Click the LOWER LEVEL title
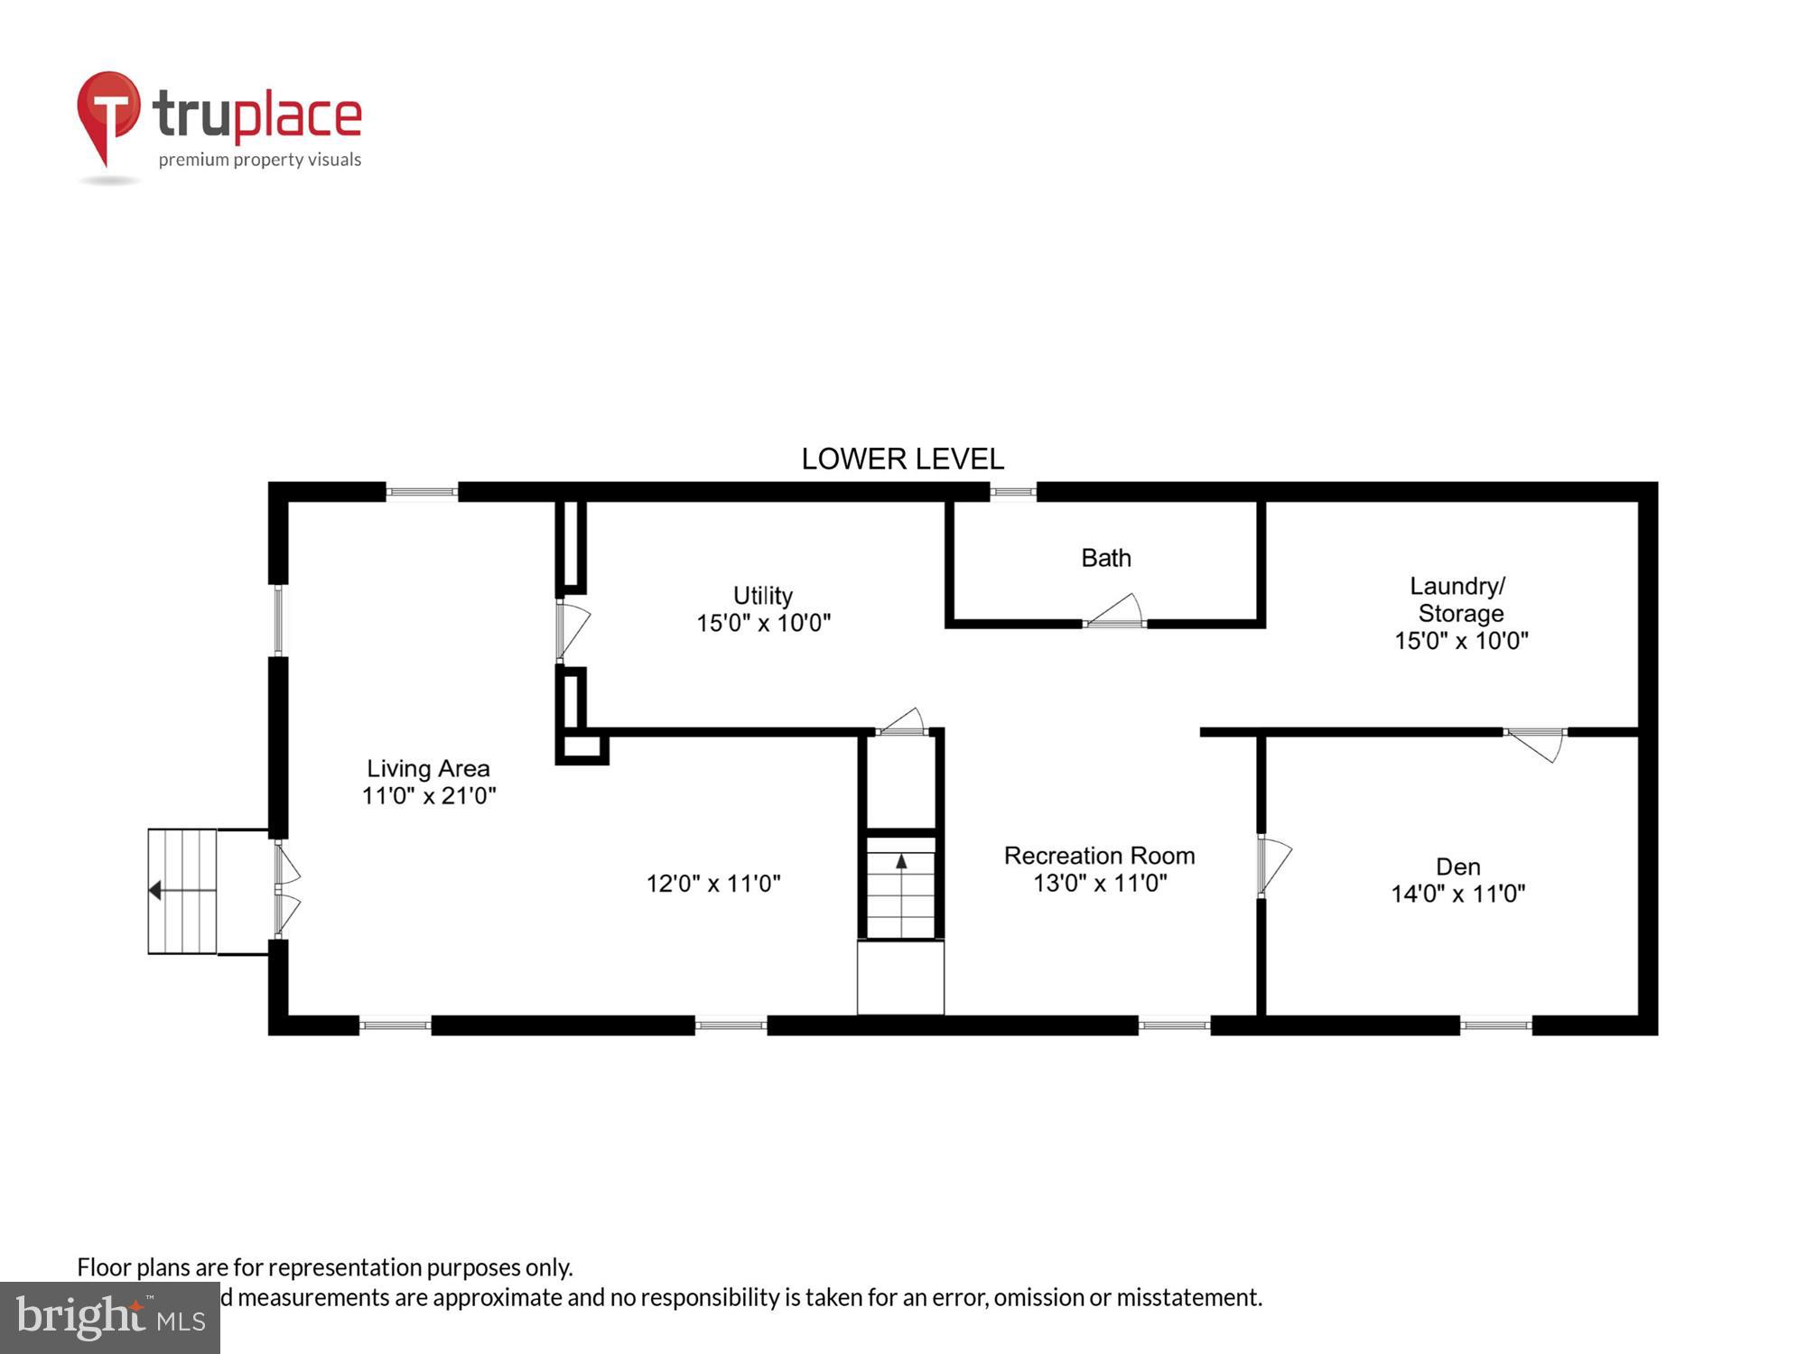902,459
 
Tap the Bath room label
1105,558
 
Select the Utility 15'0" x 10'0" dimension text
763,623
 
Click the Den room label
1457,867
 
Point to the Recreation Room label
1099,856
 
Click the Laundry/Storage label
1459,599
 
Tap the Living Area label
428,768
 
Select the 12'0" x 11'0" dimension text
712,883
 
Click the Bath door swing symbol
1116,612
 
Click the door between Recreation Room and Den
1272,864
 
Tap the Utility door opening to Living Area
572,630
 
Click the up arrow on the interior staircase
900,861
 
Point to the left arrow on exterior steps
155,891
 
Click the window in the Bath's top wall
1012,492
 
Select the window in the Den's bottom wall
1495,1025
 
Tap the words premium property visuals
259,160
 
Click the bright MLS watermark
109,1318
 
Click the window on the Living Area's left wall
278,620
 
